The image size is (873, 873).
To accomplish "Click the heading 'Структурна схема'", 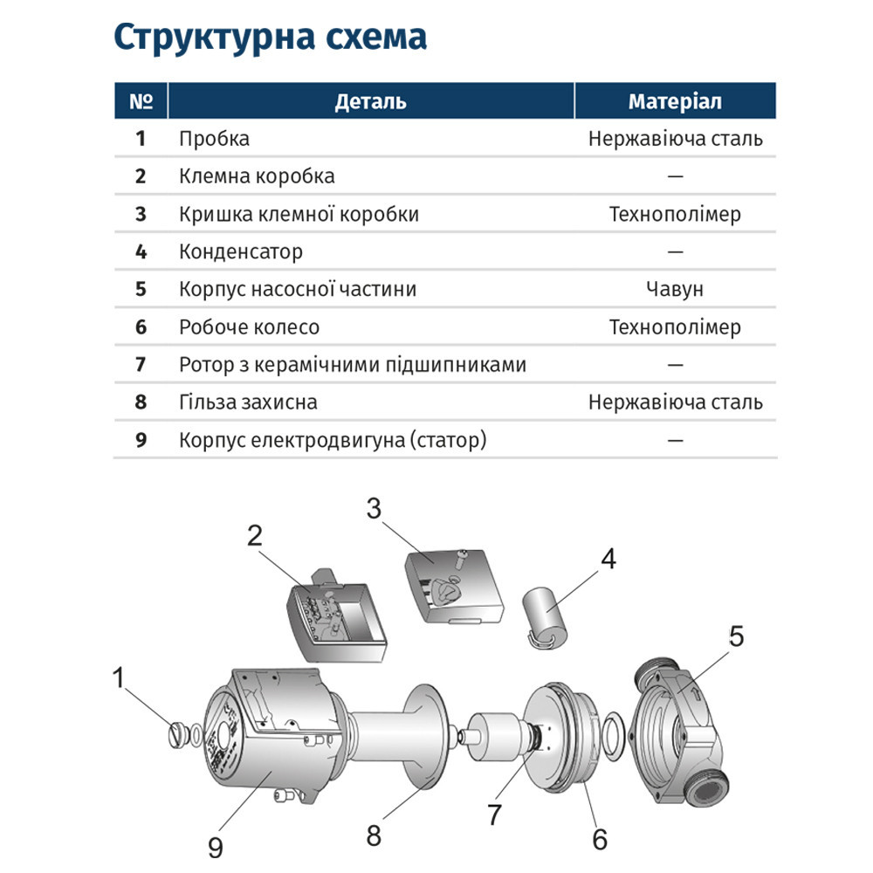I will pos(270,38).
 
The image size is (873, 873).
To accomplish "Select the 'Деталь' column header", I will pos(370,101).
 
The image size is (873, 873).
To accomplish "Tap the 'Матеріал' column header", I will pos(675,101).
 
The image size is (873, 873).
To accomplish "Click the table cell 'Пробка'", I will pos(214,139).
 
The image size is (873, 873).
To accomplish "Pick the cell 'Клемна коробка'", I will pos(257,176).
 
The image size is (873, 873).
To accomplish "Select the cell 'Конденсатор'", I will pos(241,252).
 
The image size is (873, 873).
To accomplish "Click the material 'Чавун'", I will pos(675,290).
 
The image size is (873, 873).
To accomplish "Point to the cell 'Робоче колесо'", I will pos(249,327).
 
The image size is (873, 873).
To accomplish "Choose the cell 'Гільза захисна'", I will pos(248,402).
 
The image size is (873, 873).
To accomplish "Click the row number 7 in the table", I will pos(141,365).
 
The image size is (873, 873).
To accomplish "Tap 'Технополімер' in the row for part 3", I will pos(675,215).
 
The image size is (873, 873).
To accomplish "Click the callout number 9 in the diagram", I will pos(215,845).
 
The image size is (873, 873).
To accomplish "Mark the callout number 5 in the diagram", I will pos(736,637).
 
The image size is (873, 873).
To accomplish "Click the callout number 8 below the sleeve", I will pos(373,835).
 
